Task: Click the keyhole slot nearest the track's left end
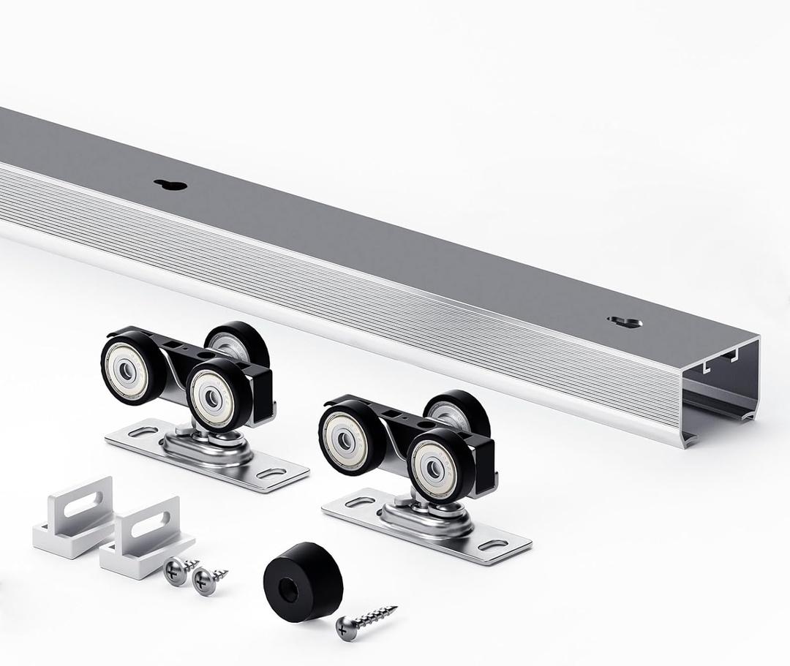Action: pyautogui.click(x=170, y=184)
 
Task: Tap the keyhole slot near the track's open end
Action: pyautogui.click(x=624, y=322)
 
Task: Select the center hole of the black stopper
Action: pyautogui.click(x=289, y=589)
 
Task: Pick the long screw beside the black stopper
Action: pyautogui.click(x=366, y=620)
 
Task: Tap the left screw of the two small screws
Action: pyautogui.click(x=176, y=569)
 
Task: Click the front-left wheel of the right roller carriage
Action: pyautogui.click(x=350, y=436)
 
